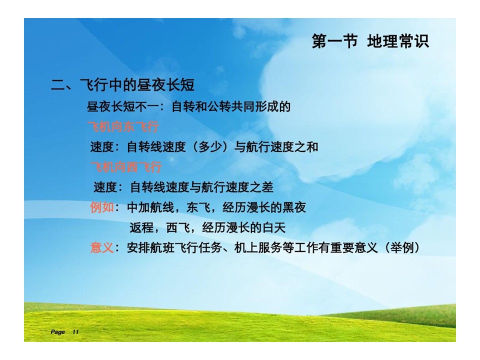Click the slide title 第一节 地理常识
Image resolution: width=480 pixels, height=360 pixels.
pos(370,41)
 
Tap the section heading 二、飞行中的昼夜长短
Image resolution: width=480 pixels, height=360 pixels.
pos(122,85)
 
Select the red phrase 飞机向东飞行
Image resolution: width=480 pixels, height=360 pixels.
pos(123,126)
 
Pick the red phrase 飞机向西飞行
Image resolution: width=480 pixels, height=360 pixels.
pos(126,167)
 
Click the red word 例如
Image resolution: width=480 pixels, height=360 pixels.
pos(102,207)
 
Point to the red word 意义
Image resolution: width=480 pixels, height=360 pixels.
pos(102,247)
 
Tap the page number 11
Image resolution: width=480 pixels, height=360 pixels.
pos(75,332)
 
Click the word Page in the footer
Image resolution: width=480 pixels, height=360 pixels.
pos(57,332)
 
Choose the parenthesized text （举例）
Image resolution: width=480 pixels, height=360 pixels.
pos(402,247)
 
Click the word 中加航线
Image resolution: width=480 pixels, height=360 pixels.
pos(150,207)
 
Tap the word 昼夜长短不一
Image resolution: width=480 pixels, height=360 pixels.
pos(122,106)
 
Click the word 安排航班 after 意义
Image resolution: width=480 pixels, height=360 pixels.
pos(150,247)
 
